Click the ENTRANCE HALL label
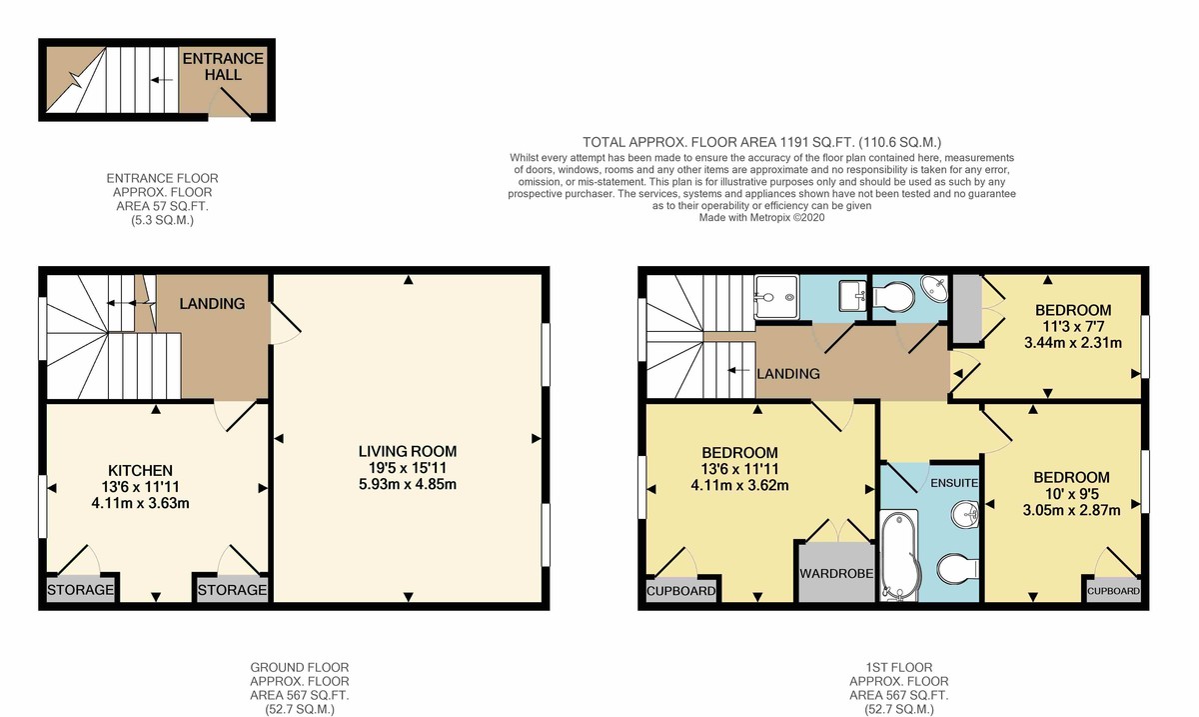pyautogui.click(x=222, y=67)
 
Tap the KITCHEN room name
pyautogui.click(x=141, y=470)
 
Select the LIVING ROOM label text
pyautogui.click(x=407, y=451)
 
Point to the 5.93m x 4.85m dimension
pyautogui.click(x=407, y=485)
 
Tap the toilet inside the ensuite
pyautogui.click(x=957, y=570)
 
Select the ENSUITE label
pyautogui.click(x=953, y=483)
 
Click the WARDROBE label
pyautogui.click(x=836, y=574)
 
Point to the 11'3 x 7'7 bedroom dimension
pyautogui.click(x=1072, y=326)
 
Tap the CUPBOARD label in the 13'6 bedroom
pyautogui.click(x=681, y=591)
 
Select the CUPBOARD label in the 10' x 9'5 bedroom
pyautogui.click(x=1113, y=591)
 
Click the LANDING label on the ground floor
pyautogui.click(x=211, y=303)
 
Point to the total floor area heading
pyautogui.click(x=761, y=142)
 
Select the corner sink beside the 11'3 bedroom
pyautogui.click(x=936, y=290)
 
